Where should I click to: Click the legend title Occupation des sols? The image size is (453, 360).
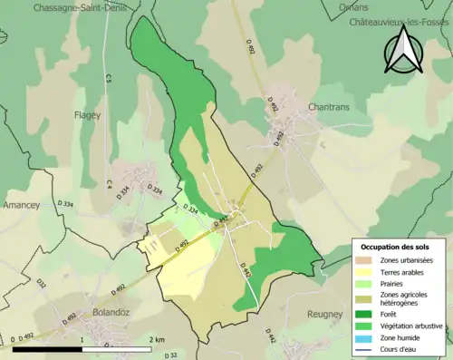[x=399, y=247]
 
